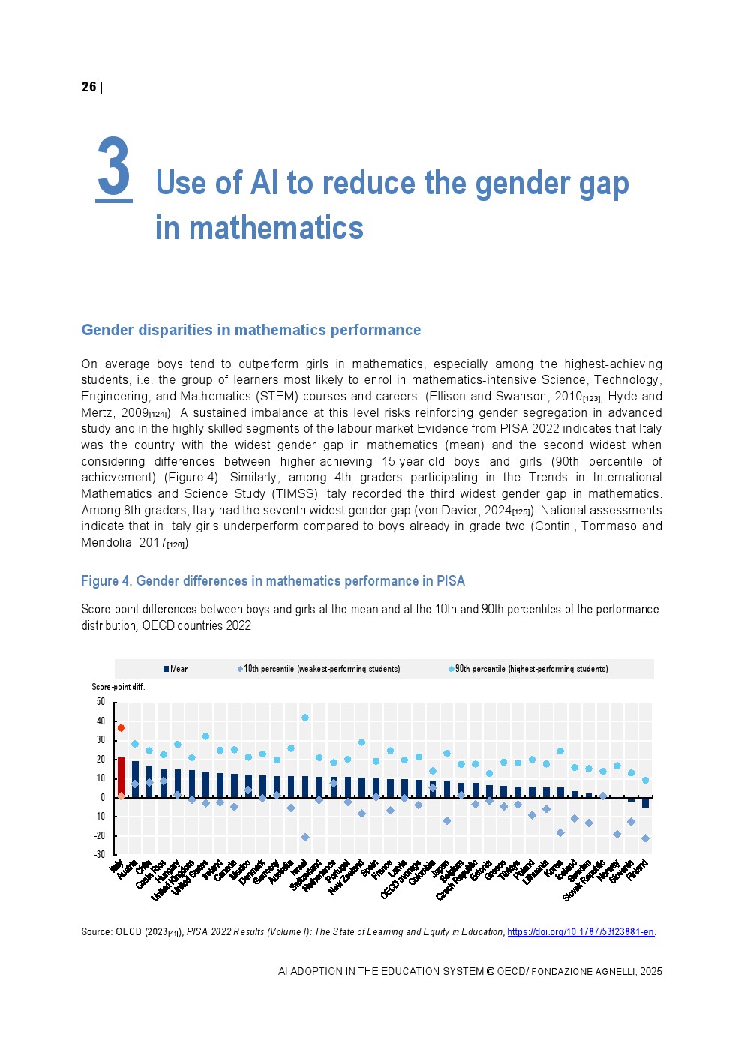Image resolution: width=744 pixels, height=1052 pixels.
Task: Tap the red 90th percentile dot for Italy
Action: (x=121, y=728)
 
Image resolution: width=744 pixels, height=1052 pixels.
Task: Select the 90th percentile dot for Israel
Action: (x=305, y=718)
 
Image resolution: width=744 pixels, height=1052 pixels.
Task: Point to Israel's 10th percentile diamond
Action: (x=305, y=837)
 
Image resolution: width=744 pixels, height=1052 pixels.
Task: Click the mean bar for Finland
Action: (x=645, y=802)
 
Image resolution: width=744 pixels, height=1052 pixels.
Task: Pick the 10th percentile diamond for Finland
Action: (x=645, y=838)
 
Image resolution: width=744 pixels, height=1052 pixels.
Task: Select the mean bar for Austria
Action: (x=135, y=780)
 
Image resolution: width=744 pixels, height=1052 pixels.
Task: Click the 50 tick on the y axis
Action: (x=100, y=702)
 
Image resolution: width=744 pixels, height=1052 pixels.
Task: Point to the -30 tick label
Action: (x=100, y=854)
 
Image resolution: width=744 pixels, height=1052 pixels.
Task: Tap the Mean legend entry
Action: (x=176, y=669)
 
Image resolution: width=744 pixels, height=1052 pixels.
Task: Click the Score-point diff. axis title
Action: (x=118, y=687)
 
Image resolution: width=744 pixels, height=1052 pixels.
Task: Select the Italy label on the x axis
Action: (x=116, y=867)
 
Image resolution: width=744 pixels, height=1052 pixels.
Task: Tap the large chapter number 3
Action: (x=114, y=168)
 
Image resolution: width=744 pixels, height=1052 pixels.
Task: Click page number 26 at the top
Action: (x=88, y=87)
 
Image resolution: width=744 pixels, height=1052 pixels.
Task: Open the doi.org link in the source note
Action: (x=580, y=932)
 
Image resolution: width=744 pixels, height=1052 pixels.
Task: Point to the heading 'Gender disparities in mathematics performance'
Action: (x=250, y=330)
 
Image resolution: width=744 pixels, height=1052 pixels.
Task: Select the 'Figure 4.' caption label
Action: (x=106, y=581)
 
